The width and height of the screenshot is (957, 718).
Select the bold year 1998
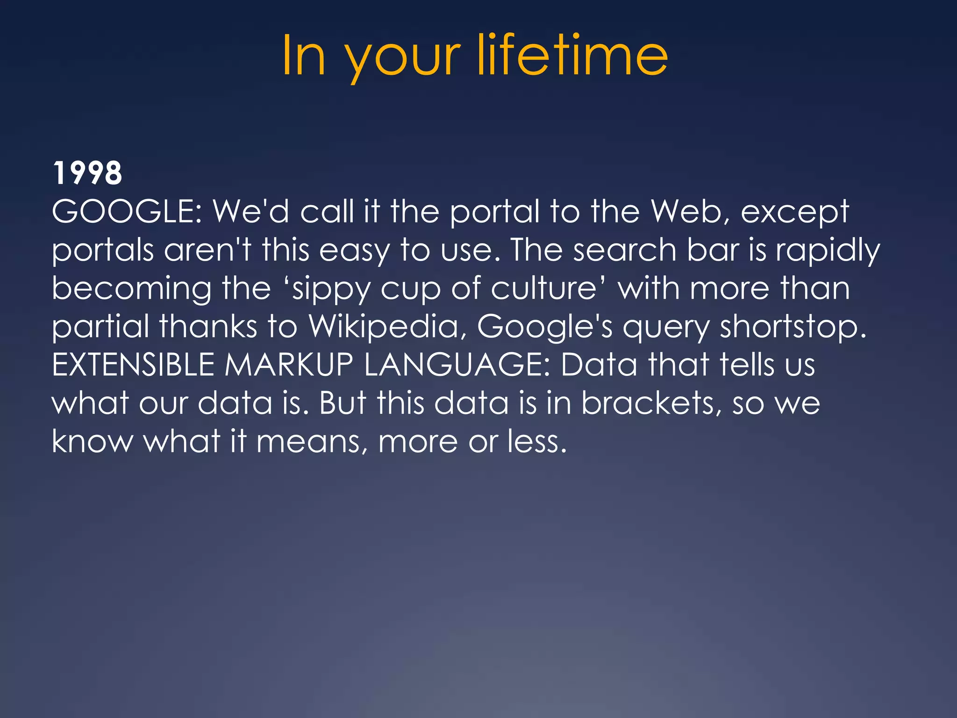pos(87,173)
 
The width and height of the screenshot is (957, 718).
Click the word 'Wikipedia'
pos(384,326)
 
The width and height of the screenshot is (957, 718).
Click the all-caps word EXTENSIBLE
pos(133,365)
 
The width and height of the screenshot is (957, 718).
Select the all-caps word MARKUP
pos(289,365)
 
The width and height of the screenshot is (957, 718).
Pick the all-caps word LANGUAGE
pos(457,365)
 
